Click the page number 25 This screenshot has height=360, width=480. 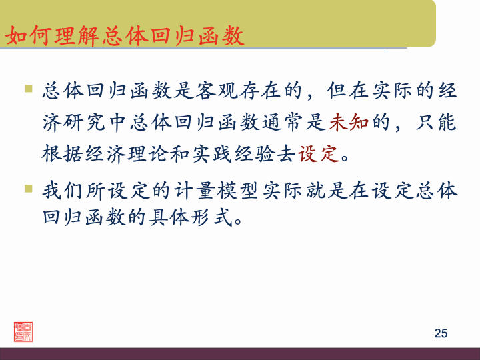(x=441, y=333)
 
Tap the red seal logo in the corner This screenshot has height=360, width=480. (x=23, y=331)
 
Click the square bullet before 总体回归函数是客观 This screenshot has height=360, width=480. (x=28, y=88)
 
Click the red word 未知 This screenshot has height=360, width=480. (x=349, y=122)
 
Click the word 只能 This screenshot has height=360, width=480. (x=436, y=122)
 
